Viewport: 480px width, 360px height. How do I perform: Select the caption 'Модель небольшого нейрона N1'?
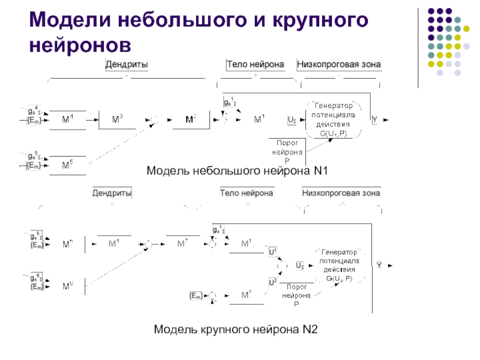(237, 172)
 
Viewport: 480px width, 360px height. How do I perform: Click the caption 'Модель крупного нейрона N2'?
(236, 329)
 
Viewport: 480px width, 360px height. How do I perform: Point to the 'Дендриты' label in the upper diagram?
(127, 64)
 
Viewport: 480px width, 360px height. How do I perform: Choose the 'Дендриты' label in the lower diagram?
(112, 193)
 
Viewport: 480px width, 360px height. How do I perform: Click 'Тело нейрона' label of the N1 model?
(255, 64)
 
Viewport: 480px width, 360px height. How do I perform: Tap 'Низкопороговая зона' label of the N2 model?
(341, 193)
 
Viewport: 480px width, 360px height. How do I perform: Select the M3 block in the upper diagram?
(118, 120)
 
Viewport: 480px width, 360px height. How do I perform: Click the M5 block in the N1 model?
(68, 164)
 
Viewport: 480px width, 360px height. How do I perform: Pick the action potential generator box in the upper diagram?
(332, 120)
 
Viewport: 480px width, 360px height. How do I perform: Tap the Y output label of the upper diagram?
(374, 120)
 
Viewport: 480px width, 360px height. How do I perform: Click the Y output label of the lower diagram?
(379, 265)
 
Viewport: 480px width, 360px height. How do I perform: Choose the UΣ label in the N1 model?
(291, 120)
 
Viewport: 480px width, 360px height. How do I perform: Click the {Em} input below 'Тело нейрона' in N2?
(196, 295)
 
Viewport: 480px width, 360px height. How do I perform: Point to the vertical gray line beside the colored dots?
(418, 45)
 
